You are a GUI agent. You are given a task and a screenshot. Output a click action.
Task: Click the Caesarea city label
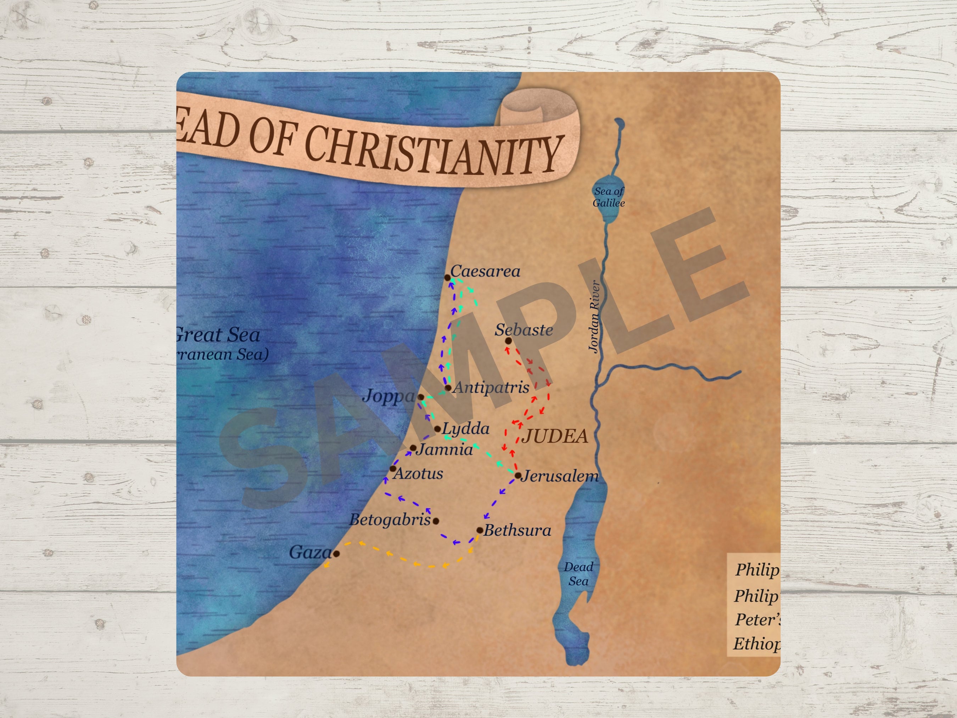point(485,271)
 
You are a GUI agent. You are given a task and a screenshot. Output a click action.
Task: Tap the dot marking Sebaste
point(508,341)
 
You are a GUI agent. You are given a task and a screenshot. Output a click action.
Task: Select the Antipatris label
point(491,387)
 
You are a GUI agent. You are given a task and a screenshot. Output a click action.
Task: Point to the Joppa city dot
point(420,397)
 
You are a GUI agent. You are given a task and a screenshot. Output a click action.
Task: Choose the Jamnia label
point(445,449)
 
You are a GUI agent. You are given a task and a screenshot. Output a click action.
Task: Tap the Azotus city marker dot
point(393,468)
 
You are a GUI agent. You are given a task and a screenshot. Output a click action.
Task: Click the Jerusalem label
point(560,476)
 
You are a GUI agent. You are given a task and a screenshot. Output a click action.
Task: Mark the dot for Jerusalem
point(518,475)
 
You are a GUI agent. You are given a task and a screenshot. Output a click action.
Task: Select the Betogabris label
point(390,519)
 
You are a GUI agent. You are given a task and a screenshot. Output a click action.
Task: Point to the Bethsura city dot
point(480,530)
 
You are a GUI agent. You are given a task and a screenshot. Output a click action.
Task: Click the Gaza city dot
point(336,553)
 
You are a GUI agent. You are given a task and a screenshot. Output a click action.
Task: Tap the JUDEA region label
point(555,436)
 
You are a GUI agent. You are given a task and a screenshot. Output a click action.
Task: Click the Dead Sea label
point(578,574)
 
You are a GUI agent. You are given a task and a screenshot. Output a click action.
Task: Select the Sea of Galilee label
point(609,197)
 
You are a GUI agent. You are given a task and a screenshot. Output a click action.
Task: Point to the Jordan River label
point(594,316)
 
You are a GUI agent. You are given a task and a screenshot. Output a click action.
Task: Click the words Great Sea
point(218,335)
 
